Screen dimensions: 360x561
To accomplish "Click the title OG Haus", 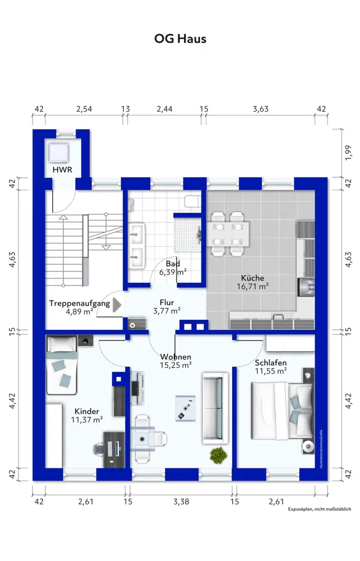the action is (180, 39).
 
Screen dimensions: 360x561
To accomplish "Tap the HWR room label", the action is (62, 169).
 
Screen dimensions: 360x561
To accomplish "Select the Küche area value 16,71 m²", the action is (252, 286).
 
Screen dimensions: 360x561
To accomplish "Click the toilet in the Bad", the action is (192, 201).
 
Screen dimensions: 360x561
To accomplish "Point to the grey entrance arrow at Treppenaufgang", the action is (117, 305).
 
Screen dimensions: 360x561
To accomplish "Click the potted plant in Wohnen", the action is (219, 455).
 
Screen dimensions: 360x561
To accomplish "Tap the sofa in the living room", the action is (215, 408).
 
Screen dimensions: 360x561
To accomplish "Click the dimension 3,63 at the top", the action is (261, 109).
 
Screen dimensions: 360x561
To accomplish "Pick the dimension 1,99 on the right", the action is (349, 153).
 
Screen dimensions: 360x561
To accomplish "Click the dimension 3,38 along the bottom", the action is (181, 502).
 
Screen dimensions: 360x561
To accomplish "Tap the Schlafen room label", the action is (271, 363).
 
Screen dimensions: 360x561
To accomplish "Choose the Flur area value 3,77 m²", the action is (167, 311).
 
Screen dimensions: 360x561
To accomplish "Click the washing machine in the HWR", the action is (59, 153).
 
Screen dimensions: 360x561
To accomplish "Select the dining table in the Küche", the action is (228, 234).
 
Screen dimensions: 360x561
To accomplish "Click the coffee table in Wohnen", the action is (186, 408).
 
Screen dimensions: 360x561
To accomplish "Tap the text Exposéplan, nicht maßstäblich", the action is (320, 509).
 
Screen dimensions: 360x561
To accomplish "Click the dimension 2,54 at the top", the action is (84, 109).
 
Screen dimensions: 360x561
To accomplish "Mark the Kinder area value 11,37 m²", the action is (87, 420).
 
